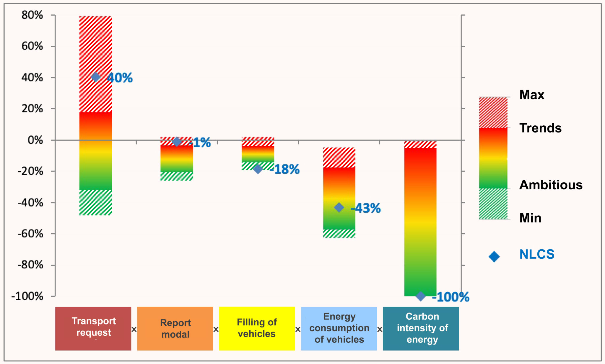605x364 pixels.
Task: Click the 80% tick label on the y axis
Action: coord(32,15)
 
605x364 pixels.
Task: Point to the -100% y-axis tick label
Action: coord(27,296)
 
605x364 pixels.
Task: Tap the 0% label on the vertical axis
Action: coord(35,140)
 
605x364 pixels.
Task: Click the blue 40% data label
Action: coord(120,78)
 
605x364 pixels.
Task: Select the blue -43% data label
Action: coord(366,208)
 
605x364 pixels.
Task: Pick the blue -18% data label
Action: coord(285,169)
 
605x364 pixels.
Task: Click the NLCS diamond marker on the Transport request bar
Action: coord(95,77)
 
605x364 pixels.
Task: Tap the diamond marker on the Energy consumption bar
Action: coord(339,207)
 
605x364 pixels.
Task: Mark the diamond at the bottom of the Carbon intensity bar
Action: coord(420,296)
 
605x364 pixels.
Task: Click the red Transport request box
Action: coord(93,328)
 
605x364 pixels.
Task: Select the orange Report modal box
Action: coord(175,328)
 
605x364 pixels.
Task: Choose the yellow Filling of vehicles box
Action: coord(257,328)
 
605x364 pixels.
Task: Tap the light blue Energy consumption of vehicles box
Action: coord(339,328)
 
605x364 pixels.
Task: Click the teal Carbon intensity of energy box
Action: coord(421,328)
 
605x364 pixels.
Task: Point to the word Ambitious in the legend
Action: coord(551,185)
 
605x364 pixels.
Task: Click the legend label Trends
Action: coord(540,128)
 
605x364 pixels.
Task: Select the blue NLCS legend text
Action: coord(537,254)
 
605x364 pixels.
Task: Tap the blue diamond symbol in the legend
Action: coord(494,256)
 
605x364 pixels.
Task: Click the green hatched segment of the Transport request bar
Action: coord(95,203)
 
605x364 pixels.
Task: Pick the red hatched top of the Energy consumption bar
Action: coord(339,157)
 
